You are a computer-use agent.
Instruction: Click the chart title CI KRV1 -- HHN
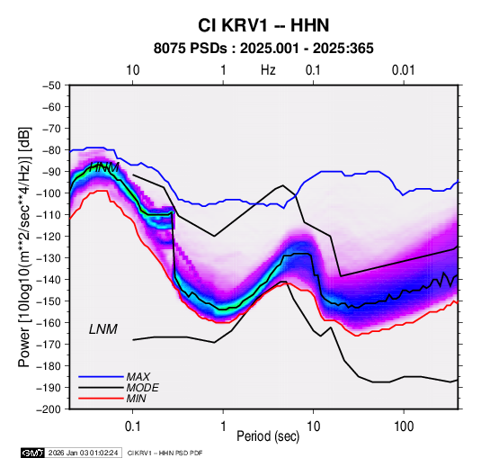[263, 25]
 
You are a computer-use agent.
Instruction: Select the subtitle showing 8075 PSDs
[263, 49]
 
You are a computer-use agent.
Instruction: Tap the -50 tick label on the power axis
[51, 85]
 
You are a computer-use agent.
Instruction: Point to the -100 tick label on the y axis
[49, 193]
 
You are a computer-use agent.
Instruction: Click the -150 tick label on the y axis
[49, 301]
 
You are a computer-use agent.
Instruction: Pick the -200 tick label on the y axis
[49, 409]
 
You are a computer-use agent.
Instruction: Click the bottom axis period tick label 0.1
[132, 427]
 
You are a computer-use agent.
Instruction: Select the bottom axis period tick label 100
[404, 427]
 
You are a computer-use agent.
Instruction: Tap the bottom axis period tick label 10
[313, 427]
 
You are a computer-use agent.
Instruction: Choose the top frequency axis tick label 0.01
[404, 70]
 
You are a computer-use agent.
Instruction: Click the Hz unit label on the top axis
[268, 70]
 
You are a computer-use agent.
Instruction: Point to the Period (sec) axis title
[268, 436]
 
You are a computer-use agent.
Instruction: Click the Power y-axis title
[24, 247]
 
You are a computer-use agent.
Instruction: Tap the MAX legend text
[138, 377]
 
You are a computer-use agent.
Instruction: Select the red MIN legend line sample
[101, 399]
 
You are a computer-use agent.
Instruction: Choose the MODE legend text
[143, 388]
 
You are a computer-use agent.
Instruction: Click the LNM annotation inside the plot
[103, 329]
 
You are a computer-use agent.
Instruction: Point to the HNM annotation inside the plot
[104, 167]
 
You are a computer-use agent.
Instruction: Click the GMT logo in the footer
[33, 453]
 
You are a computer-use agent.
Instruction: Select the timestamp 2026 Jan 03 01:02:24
[83, 453]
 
